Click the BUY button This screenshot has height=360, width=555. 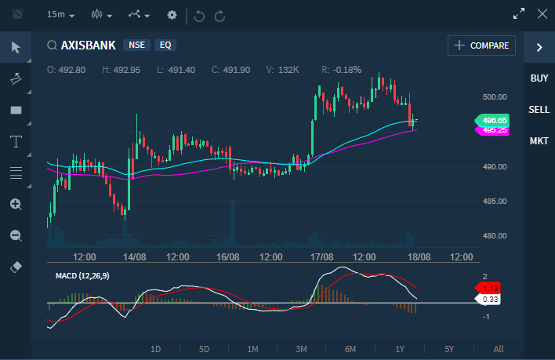[x=539, y=78]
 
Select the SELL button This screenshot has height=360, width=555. [x=539, y=110]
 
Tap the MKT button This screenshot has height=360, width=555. [x=539, y=141]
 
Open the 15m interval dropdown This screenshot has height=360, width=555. [x=60, y=15]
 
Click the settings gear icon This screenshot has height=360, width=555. [x=172, y=15]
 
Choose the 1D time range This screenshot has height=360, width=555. [x=155, y=349]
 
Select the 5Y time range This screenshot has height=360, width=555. [x=449, y=349]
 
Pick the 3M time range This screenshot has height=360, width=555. [x=302, y=349]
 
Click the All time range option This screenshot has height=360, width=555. [x=499, y=349]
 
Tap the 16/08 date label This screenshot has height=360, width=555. [x=227, y=256]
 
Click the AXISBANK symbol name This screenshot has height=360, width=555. [x=88, y=45]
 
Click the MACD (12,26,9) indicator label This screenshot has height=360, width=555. [x=82, y=276]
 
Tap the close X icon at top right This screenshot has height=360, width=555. [x=542, y=13]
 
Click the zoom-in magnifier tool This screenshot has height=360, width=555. [x=16, y=204]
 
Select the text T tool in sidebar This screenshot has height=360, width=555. [x=16, y=141]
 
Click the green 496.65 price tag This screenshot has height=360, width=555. [x=494, y=120]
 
